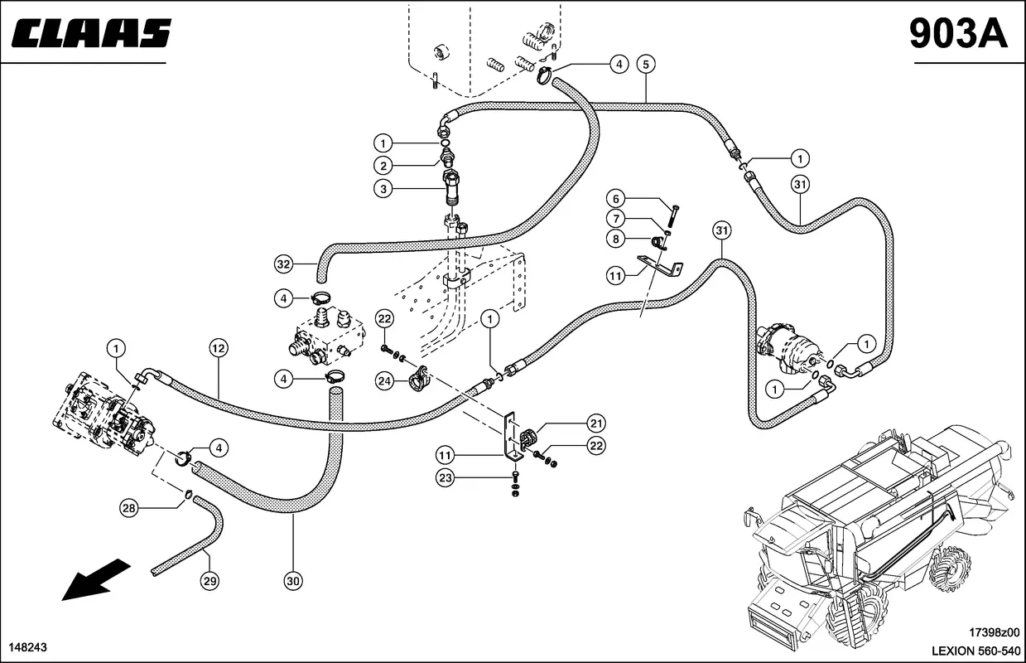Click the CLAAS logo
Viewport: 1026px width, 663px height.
tap(91, 33)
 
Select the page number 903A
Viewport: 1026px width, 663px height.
tap(959, 33)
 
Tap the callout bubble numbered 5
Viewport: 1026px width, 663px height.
tap(646, 64)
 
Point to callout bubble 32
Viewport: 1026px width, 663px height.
tap(283, 264)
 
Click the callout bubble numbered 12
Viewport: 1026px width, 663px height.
tap(219, 348)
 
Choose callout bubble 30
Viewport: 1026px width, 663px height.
tap(293, 582)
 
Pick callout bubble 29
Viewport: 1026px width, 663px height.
tap(210, 582)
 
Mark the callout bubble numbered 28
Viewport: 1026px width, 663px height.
tap(128, 508)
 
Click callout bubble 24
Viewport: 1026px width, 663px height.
tap(384, 381)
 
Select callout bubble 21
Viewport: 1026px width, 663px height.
tap(596, 423)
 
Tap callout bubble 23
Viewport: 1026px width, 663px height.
tap(446, 478)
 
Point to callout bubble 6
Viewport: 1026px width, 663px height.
tap(615, 199)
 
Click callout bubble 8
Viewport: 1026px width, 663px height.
tap(615, 239)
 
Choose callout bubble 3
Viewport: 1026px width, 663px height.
tap(383, 188)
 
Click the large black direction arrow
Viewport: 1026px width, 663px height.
tap(96, 579)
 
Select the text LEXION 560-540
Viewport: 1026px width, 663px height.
tap(976, 651)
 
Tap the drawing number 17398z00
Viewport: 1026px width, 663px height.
tap(994, 632)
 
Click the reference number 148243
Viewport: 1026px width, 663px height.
tap(28, 647)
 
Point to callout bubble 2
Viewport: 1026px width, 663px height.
tap(383, 166)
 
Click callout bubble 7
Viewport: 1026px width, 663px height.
tap(615, 219)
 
